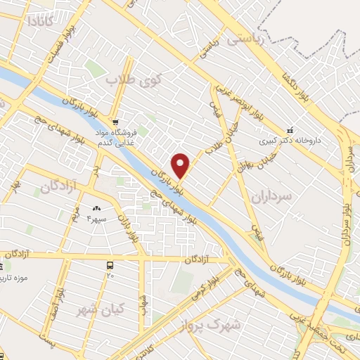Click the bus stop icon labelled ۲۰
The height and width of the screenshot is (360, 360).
(x=110, y=265)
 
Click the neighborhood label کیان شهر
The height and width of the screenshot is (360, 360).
(x=103, y=309)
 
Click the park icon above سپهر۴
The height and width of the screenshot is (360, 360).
(x=96, y=208)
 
